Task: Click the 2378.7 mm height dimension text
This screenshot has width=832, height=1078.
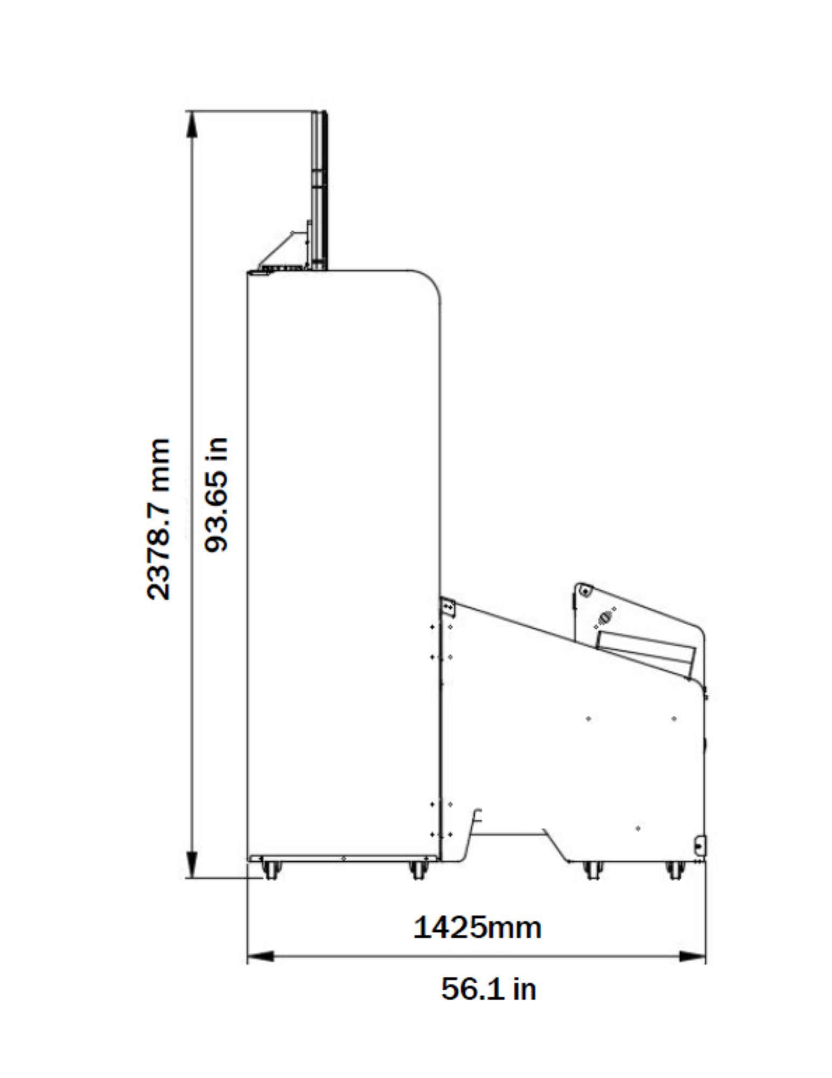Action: point(158,519)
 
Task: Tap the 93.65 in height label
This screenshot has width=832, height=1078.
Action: point(216,494)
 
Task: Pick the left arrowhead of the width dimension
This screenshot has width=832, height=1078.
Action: point(261,956)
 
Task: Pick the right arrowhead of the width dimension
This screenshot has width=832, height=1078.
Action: point(692,956)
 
